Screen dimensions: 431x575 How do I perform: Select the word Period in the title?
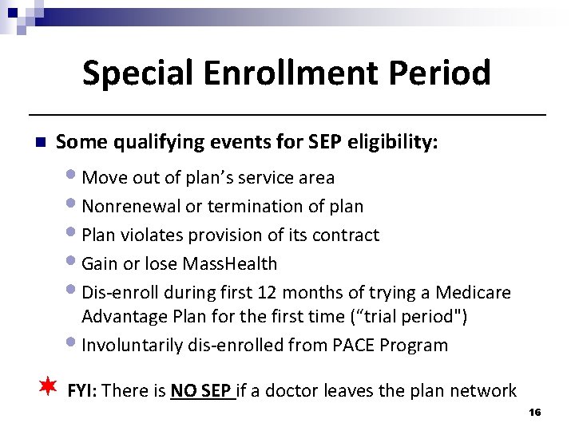coord(448,73)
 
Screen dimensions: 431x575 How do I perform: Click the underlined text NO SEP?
coord(202,390)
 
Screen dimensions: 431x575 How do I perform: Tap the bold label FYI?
coord(83,390)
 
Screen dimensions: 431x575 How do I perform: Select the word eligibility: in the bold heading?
coord(395,142)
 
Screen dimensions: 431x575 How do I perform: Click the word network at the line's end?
coord(483,390)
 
